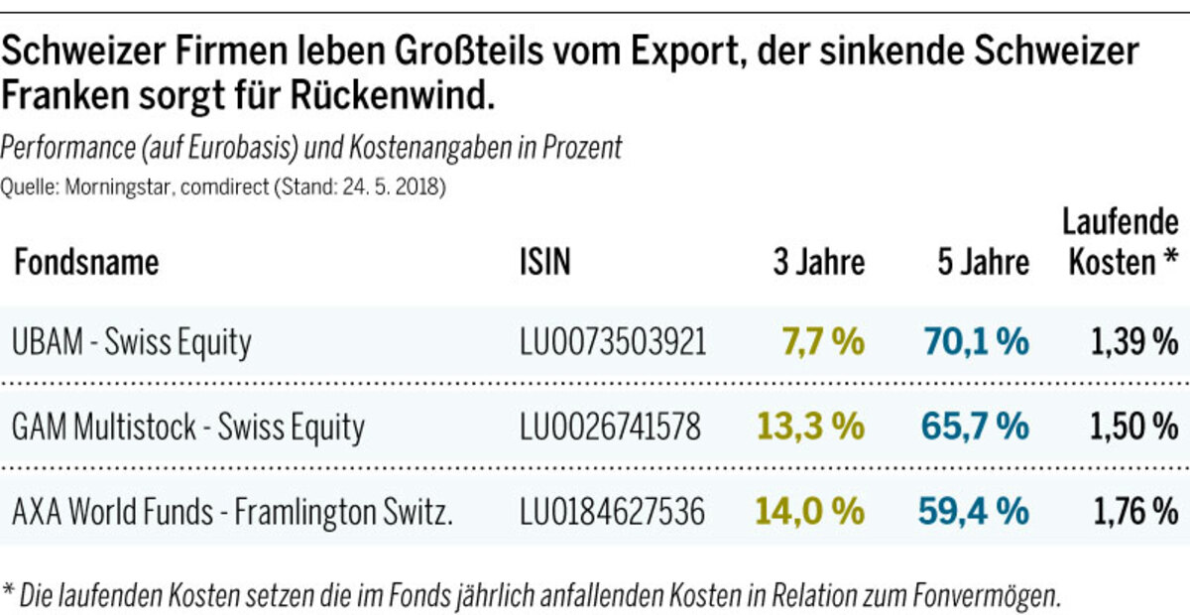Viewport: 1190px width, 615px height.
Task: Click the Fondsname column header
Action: coord(86,263)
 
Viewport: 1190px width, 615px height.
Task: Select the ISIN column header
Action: coord(545,263)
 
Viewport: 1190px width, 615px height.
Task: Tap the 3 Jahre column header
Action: coord(819,263)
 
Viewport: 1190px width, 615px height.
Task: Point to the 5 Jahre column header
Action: coord(983,263)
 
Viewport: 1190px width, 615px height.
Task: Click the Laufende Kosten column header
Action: coord(1120,242)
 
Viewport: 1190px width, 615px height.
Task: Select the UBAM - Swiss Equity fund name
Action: coord(132,342)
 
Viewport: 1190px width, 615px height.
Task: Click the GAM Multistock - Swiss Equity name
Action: coord(188,427)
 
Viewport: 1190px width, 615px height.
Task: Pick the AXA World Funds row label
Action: coord(233,512)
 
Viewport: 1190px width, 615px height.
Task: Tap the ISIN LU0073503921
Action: coord(613,342)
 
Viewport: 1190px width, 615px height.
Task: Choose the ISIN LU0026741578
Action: coord(610,427)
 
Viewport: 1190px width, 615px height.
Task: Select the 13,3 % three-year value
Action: coord(810,427)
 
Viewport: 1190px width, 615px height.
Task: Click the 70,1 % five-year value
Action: coord(976,342)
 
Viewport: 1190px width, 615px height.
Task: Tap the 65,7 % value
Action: coord(976,427)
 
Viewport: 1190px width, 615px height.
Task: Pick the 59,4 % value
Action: coord(976,512)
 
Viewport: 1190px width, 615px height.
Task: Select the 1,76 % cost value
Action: coord(1135,512)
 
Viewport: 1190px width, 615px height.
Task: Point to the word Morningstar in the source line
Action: coord(108,186)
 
